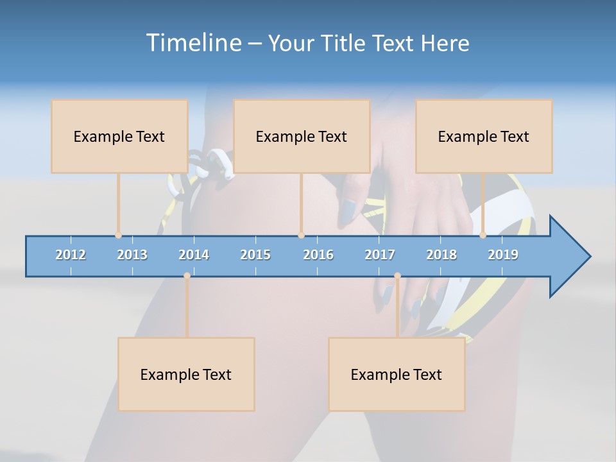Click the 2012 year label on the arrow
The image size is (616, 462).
tap(71, 255)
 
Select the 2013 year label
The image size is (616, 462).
tap(132, 255)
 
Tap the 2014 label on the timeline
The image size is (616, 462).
tap(194, 255)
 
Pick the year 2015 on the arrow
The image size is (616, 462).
tap(255, 255)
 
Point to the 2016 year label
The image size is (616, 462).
tap(318, 255)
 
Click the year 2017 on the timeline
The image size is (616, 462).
tap(380, 255)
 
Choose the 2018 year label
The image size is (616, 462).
tap(441, 255)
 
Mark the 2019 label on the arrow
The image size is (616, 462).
tap(503, 255)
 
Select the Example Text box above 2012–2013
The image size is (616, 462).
tap(119, 136)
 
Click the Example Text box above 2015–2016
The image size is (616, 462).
tap(302, 136)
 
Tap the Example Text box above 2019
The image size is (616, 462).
tap(484, 136)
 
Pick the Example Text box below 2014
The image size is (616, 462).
tap(186, 374)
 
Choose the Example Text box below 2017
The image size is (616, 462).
tap(397, 374)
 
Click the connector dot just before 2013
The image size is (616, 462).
tap(119, 235)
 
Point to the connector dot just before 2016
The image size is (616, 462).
tap(301, 235)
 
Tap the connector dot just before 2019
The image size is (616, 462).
tap(483, 235)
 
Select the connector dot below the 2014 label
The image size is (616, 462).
tap(187, 275)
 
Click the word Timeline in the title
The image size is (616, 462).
tap(193, 43)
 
